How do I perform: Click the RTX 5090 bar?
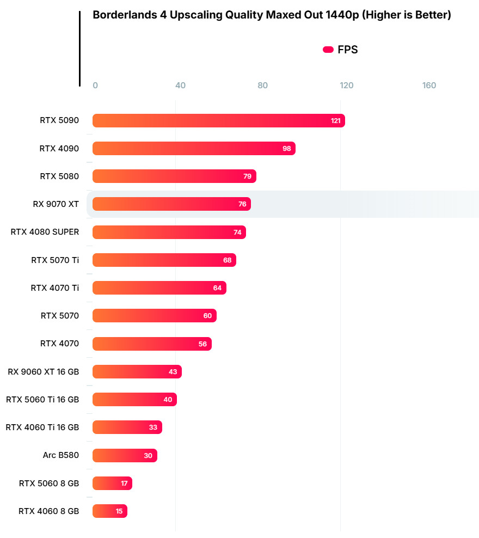pos(218,121)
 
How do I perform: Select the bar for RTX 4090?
pos(193,149)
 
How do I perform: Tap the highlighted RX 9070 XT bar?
pos(171,204)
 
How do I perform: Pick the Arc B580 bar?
pos(125,456)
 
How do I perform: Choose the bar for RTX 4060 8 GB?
pos(109,511)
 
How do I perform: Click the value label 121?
pos(336,121)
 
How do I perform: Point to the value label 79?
pos(247,176)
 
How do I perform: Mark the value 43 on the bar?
pos(173,372)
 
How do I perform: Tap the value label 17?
pos(124,484)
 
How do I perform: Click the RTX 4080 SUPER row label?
pos(45,232)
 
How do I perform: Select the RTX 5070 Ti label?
pos(55,260)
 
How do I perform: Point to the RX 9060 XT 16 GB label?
pos(44,372)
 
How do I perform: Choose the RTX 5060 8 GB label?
pos(49,484)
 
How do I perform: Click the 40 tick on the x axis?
pos(180,85)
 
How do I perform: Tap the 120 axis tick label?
pos(346,85)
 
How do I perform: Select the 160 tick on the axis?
pos(429,85)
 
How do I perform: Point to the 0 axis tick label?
pos(95,85)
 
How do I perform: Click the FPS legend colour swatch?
pos(328,50)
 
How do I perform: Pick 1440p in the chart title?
pos(342,15)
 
